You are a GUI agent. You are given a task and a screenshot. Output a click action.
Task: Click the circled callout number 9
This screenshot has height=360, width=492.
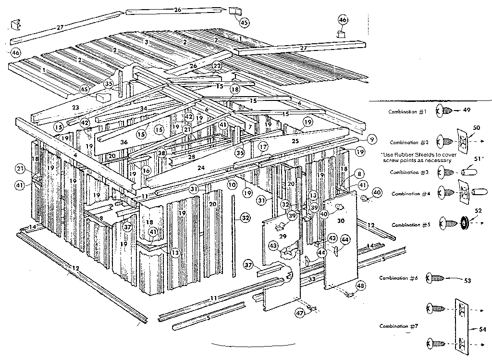pyautogui.click(x=371, y=139)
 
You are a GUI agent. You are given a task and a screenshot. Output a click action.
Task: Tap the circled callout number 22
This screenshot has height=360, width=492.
pyautogui.click(x=217, y=66)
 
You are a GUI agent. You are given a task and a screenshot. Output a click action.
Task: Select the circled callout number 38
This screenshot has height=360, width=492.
pyautogui.click(x=162, y=153)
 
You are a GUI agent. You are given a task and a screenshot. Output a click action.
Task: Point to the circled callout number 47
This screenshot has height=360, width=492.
pyautogui.click(x=300, y=313)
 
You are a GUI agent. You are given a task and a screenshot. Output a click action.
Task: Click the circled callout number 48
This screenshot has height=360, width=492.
pyautogui.click(x=361, y=286)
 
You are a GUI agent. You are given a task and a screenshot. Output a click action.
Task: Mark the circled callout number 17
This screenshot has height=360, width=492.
pyautogui.click(x=263, y=146)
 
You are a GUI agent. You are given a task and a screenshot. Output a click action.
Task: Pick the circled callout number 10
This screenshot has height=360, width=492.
pyautogui.click(x=232, y=184)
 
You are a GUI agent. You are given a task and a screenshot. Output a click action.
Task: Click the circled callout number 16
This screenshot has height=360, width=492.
pyautogui.click(x=147, y=170)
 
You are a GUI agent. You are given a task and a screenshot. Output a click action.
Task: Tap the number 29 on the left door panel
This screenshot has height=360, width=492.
pyautogui.click(x=283, y=236)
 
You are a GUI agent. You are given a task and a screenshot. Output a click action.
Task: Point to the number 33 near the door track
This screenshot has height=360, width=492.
pyautogui.click(x=312, y=279)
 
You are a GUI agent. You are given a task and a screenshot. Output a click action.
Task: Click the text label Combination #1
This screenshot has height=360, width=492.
pyautogui.click(x=408, y=112)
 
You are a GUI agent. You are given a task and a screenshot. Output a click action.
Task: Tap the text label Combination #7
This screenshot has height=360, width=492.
pyautogui.click(x=397, y=326)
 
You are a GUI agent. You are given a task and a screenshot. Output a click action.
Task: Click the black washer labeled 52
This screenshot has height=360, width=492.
pyautogui.click(x=465, y=223)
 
